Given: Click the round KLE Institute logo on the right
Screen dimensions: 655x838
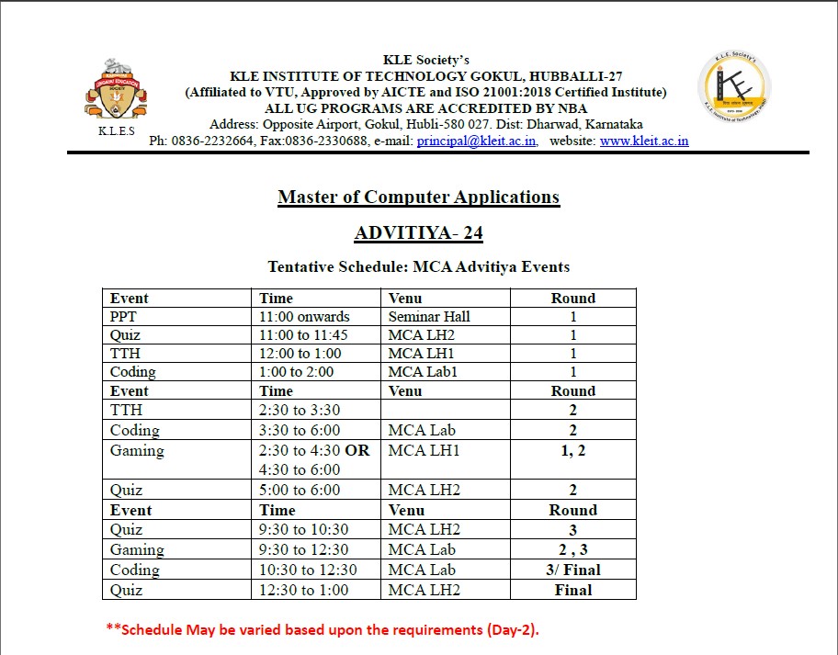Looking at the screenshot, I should [735, 88].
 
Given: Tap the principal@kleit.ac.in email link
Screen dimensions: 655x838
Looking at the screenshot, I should [477, 141].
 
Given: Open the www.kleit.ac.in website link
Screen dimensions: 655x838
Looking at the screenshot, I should [643, 141].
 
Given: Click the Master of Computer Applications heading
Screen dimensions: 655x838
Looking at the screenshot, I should [418, 197].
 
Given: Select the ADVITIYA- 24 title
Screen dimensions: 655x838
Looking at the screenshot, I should [418, 233].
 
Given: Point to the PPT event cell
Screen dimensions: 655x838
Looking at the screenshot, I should [124, 317].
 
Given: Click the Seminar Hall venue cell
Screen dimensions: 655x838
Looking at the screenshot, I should [429, 317].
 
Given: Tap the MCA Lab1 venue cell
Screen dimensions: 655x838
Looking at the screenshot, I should [423, 372].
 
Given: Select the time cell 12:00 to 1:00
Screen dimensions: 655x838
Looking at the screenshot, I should [300, 354].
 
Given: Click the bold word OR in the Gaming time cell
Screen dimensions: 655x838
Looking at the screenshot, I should [357, 450].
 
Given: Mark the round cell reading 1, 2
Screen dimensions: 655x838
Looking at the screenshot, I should [572, 450].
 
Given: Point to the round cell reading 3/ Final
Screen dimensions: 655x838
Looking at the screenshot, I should [572, 570].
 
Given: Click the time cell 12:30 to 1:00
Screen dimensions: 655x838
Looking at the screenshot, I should [303, 590].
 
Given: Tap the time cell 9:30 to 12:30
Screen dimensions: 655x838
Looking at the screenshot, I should [303, 549].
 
